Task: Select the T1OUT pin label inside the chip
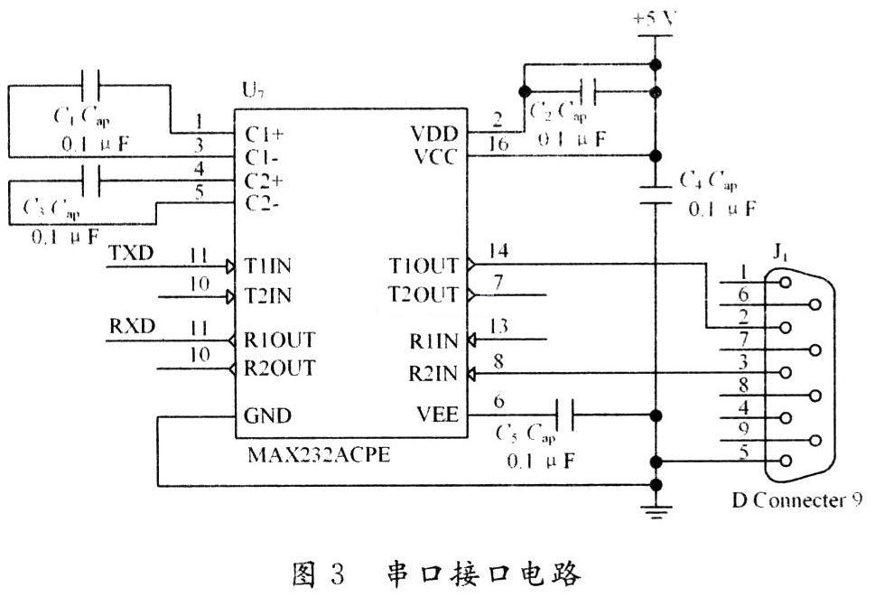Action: tap(424, 266)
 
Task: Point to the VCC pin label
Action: tap(437, 156)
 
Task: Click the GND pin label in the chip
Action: tap(268, 416)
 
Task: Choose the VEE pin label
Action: tap(437, 415)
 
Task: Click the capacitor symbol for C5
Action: tap(565, 416)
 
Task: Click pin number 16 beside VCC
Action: tap(499, 144)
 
